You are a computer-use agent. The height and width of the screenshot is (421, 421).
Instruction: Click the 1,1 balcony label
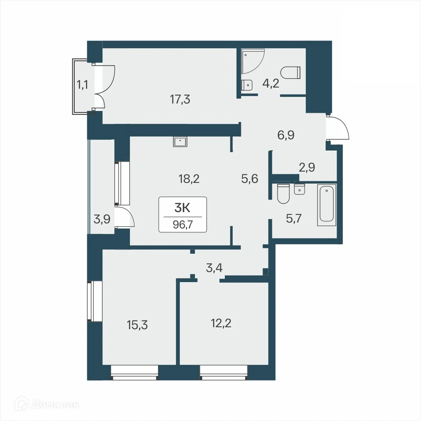pos(82,85)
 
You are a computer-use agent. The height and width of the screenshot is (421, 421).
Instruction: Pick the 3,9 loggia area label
pos(102,219)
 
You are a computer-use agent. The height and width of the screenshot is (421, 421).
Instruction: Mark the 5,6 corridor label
pos(249,179)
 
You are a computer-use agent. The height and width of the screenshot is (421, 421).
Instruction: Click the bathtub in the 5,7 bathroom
pos(326,205)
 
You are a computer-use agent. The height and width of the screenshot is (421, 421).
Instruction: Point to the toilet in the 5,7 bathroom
pos(283,194)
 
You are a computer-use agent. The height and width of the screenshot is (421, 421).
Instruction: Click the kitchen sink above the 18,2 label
pos(181,142)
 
